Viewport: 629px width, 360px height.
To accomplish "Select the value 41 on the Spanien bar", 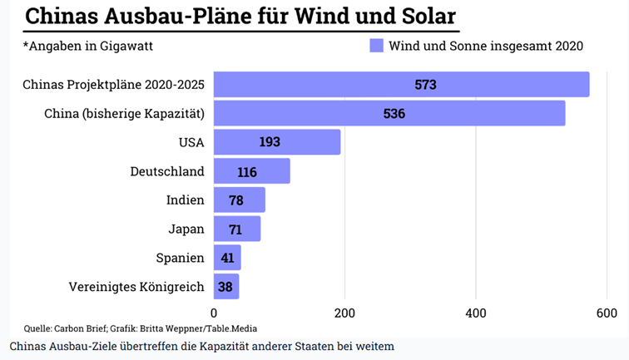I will (227, 258).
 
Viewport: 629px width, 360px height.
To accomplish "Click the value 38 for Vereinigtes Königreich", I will (226, 286).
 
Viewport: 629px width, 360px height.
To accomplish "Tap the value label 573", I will (425, 85).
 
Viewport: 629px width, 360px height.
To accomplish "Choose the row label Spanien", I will (180, 258).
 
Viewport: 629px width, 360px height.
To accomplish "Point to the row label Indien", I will (186, 200).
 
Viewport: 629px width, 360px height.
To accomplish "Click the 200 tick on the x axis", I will (344, 313).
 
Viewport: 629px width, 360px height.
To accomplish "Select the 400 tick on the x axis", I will (475, 313).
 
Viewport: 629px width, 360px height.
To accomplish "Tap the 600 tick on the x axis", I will (607, 313).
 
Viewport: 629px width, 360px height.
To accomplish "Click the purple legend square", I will (376, 46).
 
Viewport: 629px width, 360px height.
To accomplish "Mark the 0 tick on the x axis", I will (214, 313).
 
